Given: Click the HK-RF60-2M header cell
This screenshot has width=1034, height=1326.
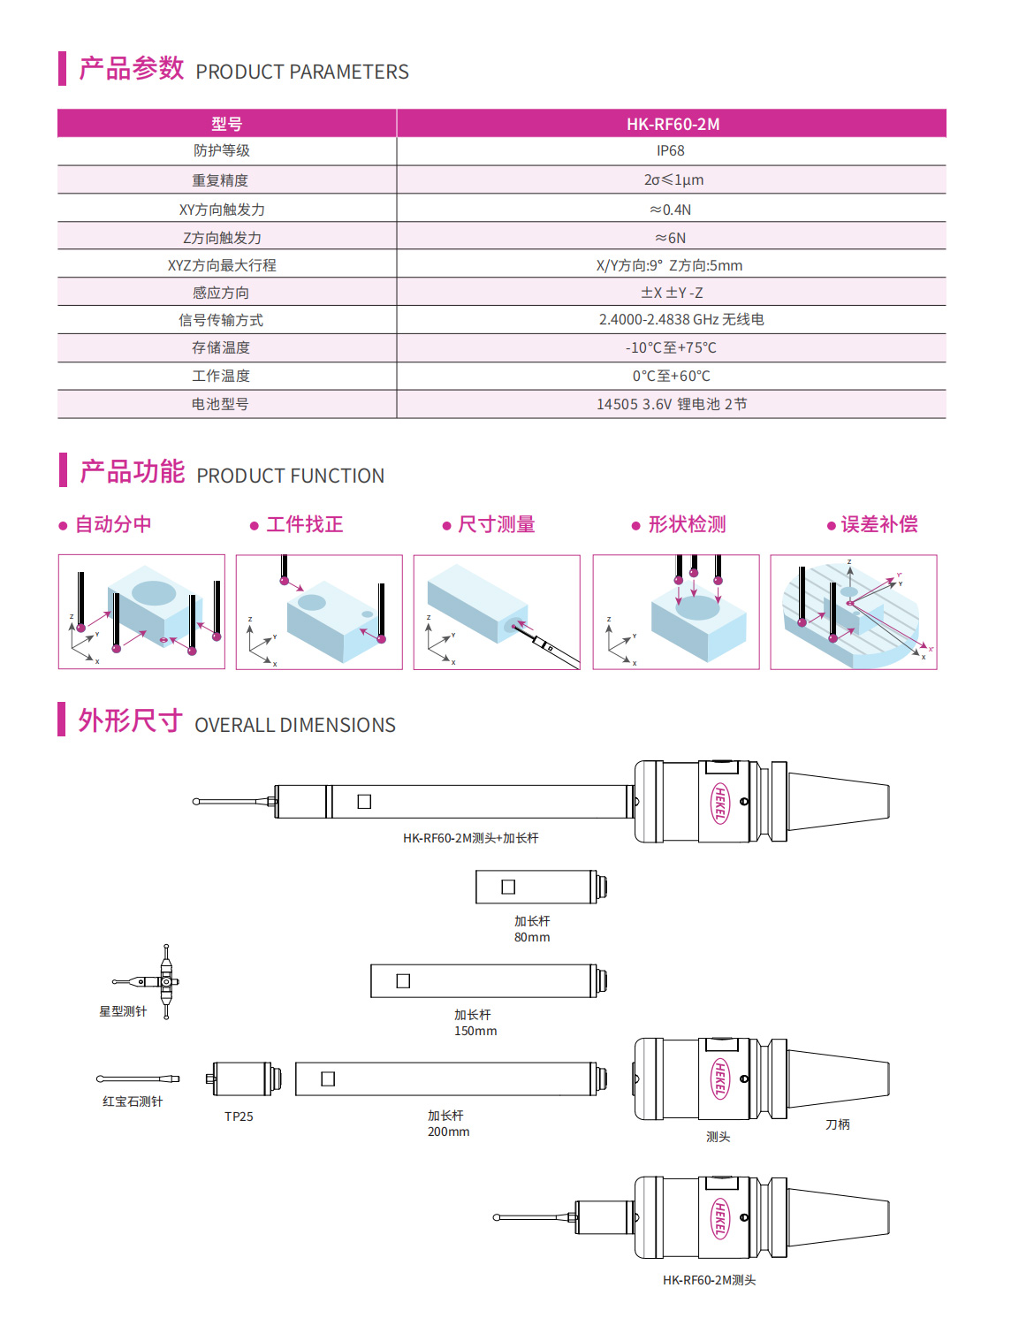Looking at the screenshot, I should coord(673,124).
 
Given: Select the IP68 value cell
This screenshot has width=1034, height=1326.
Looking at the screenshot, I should coord(671,151).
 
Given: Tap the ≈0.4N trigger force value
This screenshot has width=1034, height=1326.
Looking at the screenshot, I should coord(671,210).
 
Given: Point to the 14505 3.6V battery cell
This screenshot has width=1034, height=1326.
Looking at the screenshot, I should coord(672,404).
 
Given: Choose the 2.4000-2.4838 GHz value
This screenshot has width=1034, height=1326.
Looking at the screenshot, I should coord(680,319).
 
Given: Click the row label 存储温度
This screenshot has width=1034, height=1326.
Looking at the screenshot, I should coord(221,347).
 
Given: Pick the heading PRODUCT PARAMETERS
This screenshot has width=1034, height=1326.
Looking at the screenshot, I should coord(302,72).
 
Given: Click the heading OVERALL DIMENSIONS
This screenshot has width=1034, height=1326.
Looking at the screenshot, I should coord(295,725).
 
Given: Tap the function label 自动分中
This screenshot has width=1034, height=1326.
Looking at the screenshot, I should coord(113,524).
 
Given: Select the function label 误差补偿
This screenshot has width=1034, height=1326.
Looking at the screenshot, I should coord(879,524).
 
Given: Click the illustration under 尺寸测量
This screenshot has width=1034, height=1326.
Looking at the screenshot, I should coord(497,612).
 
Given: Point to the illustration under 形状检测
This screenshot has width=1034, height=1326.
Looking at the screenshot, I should coord(676,612).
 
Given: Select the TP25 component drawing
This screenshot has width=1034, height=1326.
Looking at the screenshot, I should coord(243,1078).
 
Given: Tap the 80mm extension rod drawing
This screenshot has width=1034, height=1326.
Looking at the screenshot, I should coord(541,887).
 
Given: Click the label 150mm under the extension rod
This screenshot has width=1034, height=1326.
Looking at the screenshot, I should coord(475,1031).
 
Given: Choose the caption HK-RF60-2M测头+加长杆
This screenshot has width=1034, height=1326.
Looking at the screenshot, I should coord(470,838).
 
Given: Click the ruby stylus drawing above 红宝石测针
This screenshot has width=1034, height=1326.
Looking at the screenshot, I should coord(137,1078).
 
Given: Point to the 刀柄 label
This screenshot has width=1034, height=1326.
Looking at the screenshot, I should coord(837,1124).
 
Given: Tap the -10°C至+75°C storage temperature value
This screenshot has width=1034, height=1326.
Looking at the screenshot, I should coord(672,347).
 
